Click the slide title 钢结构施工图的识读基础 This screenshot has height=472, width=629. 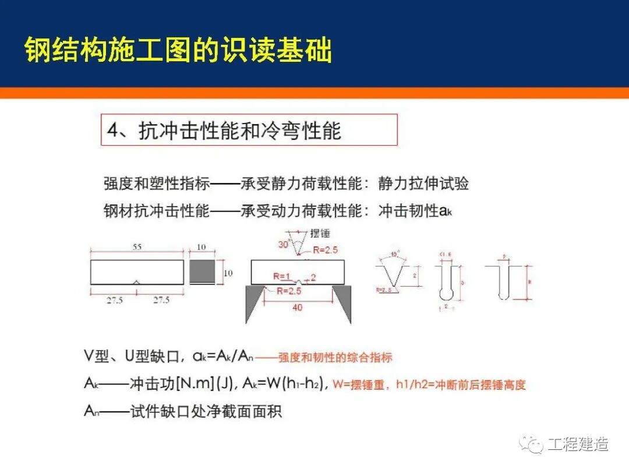pos(178,51)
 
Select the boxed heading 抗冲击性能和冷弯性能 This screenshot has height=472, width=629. pos(239,131)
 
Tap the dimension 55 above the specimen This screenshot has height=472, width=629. pos(137,247)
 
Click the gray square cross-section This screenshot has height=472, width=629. pos(203,272)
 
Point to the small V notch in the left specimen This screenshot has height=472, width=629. pos(136,282)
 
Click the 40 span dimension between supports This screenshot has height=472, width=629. pos(297,307)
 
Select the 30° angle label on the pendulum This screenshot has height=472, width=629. pos(284,245)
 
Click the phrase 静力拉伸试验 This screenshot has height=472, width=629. pos(423,184)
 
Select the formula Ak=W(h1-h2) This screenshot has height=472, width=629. pos(282,383)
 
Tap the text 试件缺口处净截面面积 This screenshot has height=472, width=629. pos(206,411)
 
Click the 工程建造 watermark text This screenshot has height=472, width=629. pos(578,444)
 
